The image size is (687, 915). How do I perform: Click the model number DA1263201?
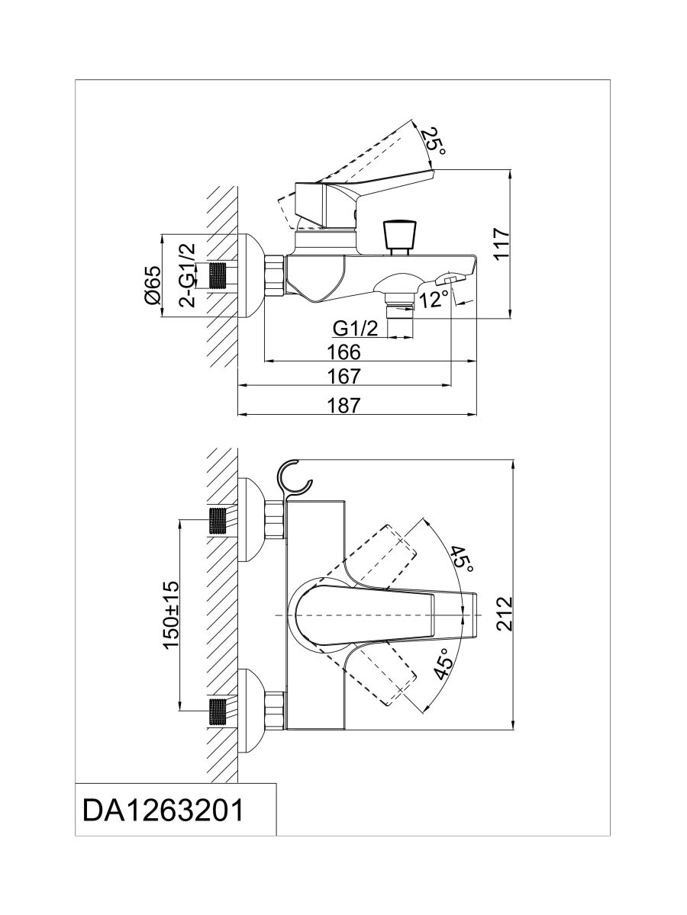163,810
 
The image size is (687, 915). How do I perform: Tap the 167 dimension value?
345,376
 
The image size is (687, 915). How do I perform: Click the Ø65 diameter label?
151,286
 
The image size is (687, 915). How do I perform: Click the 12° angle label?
433,300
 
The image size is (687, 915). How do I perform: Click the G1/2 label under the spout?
356,328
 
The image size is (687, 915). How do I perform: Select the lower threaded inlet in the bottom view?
219,711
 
